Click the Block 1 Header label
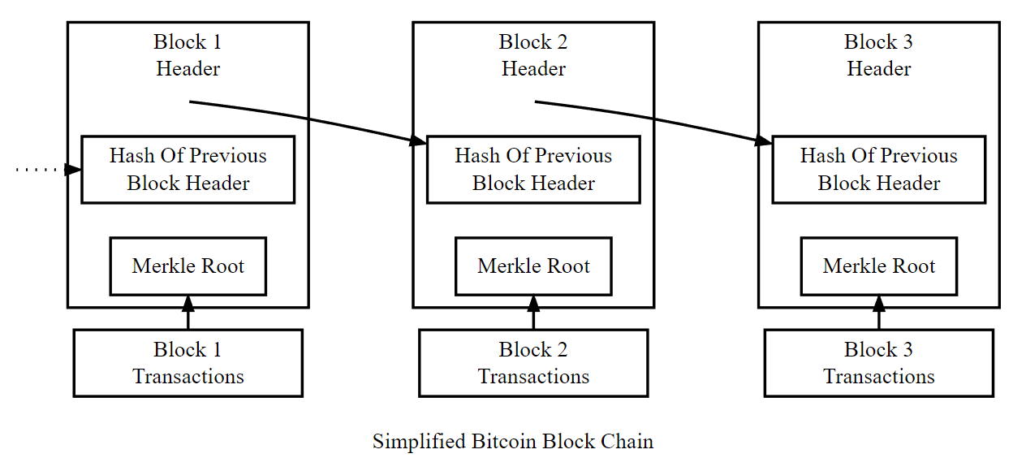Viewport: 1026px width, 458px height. coord(188,55)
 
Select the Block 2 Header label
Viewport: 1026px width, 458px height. coord(533,55)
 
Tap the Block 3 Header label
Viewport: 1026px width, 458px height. coord(878,55)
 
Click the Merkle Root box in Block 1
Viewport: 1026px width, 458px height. coord(188,266)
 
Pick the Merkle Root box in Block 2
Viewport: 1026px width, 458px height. coord(533,266)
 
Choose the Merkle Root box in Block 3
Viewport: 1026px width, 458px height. coord(878,266)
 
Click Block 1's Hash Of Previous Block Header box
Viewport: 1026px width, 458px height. coord(188,170)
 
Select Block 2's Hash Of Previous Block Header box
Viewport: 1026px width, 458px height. coord(533,170)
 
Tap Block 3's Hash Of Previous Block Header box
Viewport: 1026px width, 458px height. coord(878,170)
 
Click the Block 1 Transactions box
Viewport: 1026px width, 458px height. coord(188,363)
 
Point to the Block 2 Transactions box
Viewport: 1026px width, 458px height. coord(533,363)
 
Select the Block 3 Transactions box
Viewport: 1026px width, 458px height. coord(878,363)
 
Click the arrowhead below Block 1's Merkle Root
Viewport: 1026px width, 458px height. coord(188,304)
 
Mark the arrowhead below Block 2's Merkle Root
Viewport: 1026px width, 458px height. coord(533,304)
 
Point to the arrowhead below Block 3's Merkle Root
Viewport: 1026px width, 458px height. coord(878,304)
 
